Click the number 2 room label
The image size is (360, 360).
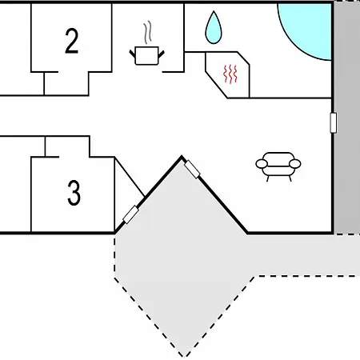[72, 41]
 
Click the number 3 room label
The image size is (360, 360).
[74, 193]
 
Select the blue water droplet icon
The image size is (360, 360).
[214, 27]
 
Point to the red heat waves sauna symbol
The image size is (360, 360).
[230, 74]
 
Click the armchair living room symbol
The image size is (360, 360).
[278, 166]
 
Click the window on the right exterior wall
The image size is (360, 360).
[333, 122]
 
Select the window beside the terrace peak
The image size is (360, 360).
[192, 169]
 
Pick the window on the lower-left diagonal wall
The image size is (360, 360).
[130, 215]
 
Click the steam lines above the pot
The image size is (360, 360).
[147, 32]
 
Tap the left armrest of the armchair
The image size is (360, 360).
[262, 164]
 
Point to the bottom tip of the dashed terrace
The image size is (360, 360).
[185, 357]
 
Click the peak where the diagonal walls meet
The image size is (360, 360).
[182, 157]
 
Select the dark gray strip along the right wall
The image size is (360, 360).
[347, 118]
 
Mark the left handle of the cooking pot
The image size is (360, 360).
[133, 54]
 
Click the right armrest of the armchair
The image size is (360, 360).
[295, 164]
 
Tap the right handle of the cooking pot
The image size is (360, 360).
[162, 54]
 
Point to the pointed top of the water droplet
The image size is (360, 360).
[214, 11]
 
